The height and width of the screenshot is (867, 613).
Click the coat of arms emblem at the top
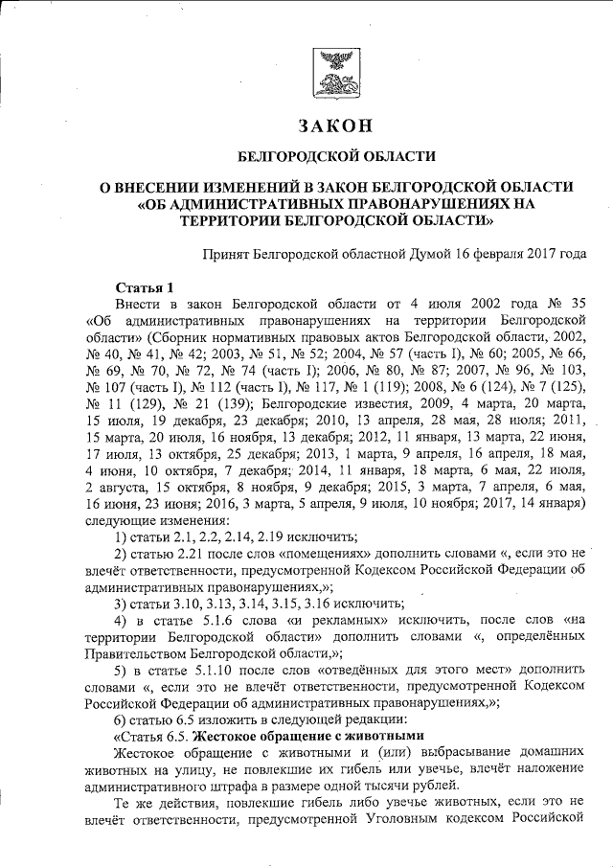click(335, 71)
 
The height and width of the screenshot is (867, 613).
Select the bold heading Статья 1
click(144, 286)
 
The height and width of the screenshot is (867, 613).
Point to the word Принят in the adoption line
click(227, 255)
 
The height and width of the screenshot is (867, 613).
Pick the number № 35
click(562, 304)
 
